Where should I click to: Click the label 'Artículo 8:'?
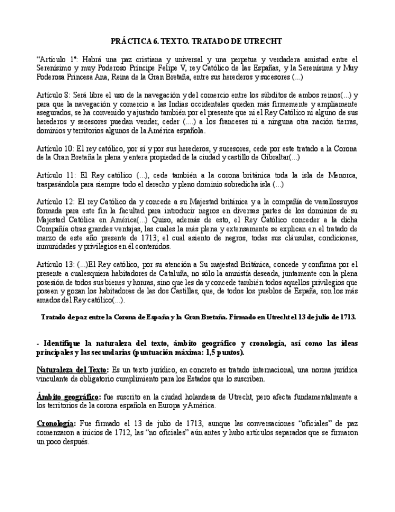(54, 95)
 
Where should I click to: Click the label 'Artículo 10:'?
(55, 148)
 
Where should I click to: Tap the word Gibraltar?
(271, 157)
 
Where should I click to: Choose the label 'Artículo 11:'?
(55, 175)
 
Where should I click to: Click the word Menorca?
(343, 175)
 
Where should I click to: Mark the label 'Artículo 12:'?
(55, 202)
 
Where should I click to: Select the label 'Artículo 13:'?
(55, 264)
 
